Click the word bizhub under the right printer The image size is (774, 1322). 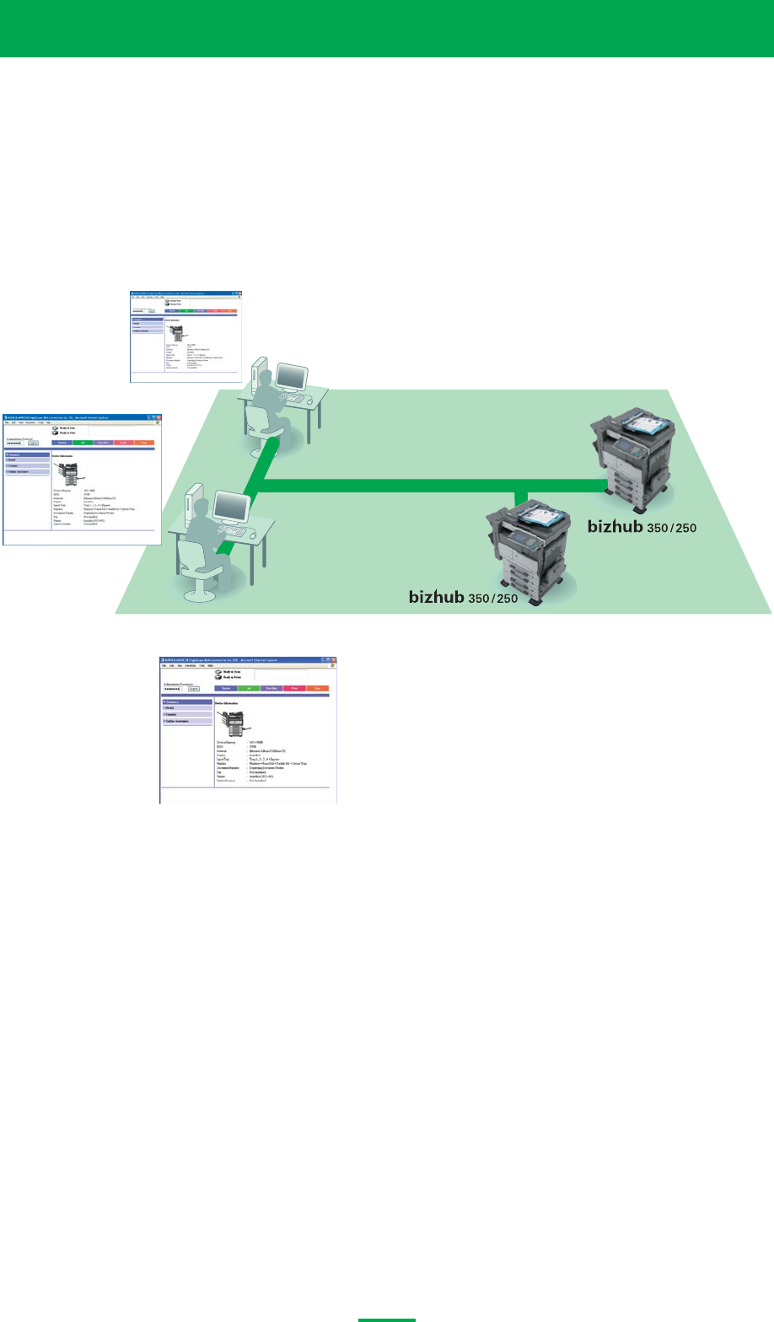tap(617, 527)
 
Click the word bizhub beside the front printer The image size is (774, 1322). tap(438, 597)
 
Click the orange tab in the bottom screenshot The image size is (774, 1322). tap(317, 688)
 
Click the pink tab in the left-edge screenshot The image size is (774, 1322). tap(122, 442)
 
